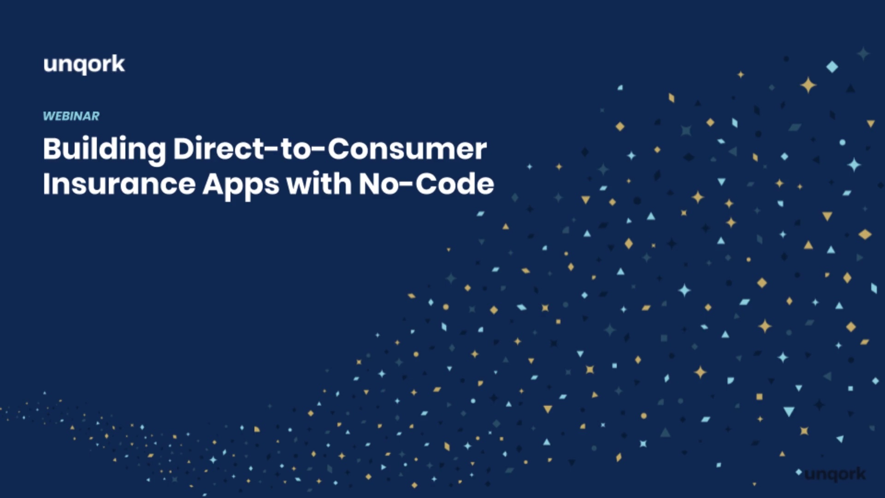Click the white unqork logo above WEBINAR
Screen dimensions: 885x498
(x=84, y=65)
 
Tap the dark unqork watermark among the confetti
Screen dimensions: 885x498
(x=835, y=474)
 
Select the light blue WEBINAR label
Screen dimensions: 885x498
(x=71, y=116)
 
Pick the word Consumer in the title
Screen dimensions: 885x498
(x=407, y=149)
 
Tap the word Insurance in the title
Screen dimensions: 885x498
(x=119, y=184)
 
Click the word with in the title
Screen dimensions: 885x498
(x=319, y=184)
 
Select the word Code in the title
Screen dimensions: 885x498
(x=455, y=184)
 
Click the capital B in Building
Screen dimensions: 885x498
(x=52, y=148)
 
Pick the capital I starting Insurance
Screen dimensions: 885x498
(x=46, y=184)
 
